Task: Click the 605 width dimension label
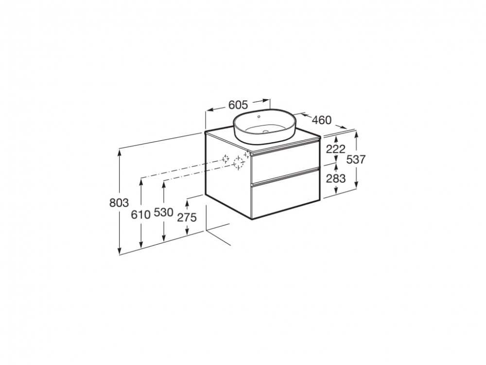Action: (x=238, y=105)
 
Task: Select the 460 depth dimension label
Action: (x=321, y=120)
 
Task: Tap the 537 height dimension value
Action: (x=356, y=160)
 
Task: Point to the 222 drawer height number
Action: (x=336, y=149)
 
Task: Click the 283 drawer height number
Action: (x=336, y=179)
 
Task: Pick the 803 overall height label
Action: (x=119, y=202)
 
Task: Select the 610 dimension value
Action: (x=140, y=214)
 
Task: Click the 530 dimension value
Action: (x=163, y=213)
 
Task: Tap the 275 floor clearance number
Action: (x=187, y=218)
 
